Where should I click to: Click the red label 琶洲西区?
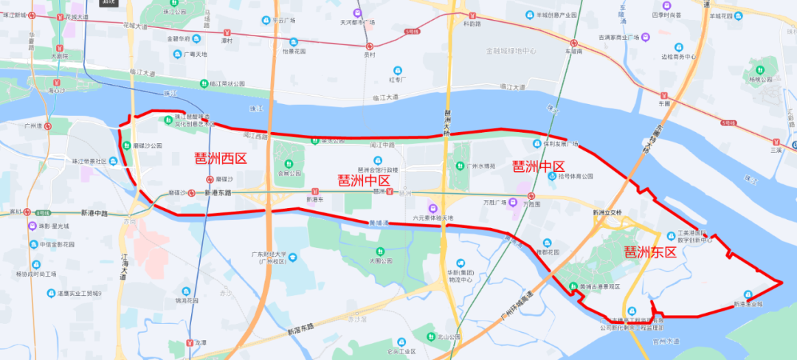219,158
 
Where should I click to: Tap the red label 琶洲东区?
650,252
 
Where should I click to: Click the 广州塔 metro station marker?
48,126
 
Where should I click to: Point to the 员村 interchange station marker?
370,46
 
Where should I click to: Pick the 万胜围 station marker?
531,195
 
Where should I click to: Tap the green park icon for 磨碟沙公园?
127,146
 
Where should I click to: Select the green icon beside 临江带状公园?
203,84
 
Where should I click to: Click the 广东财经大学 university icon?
293,257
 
